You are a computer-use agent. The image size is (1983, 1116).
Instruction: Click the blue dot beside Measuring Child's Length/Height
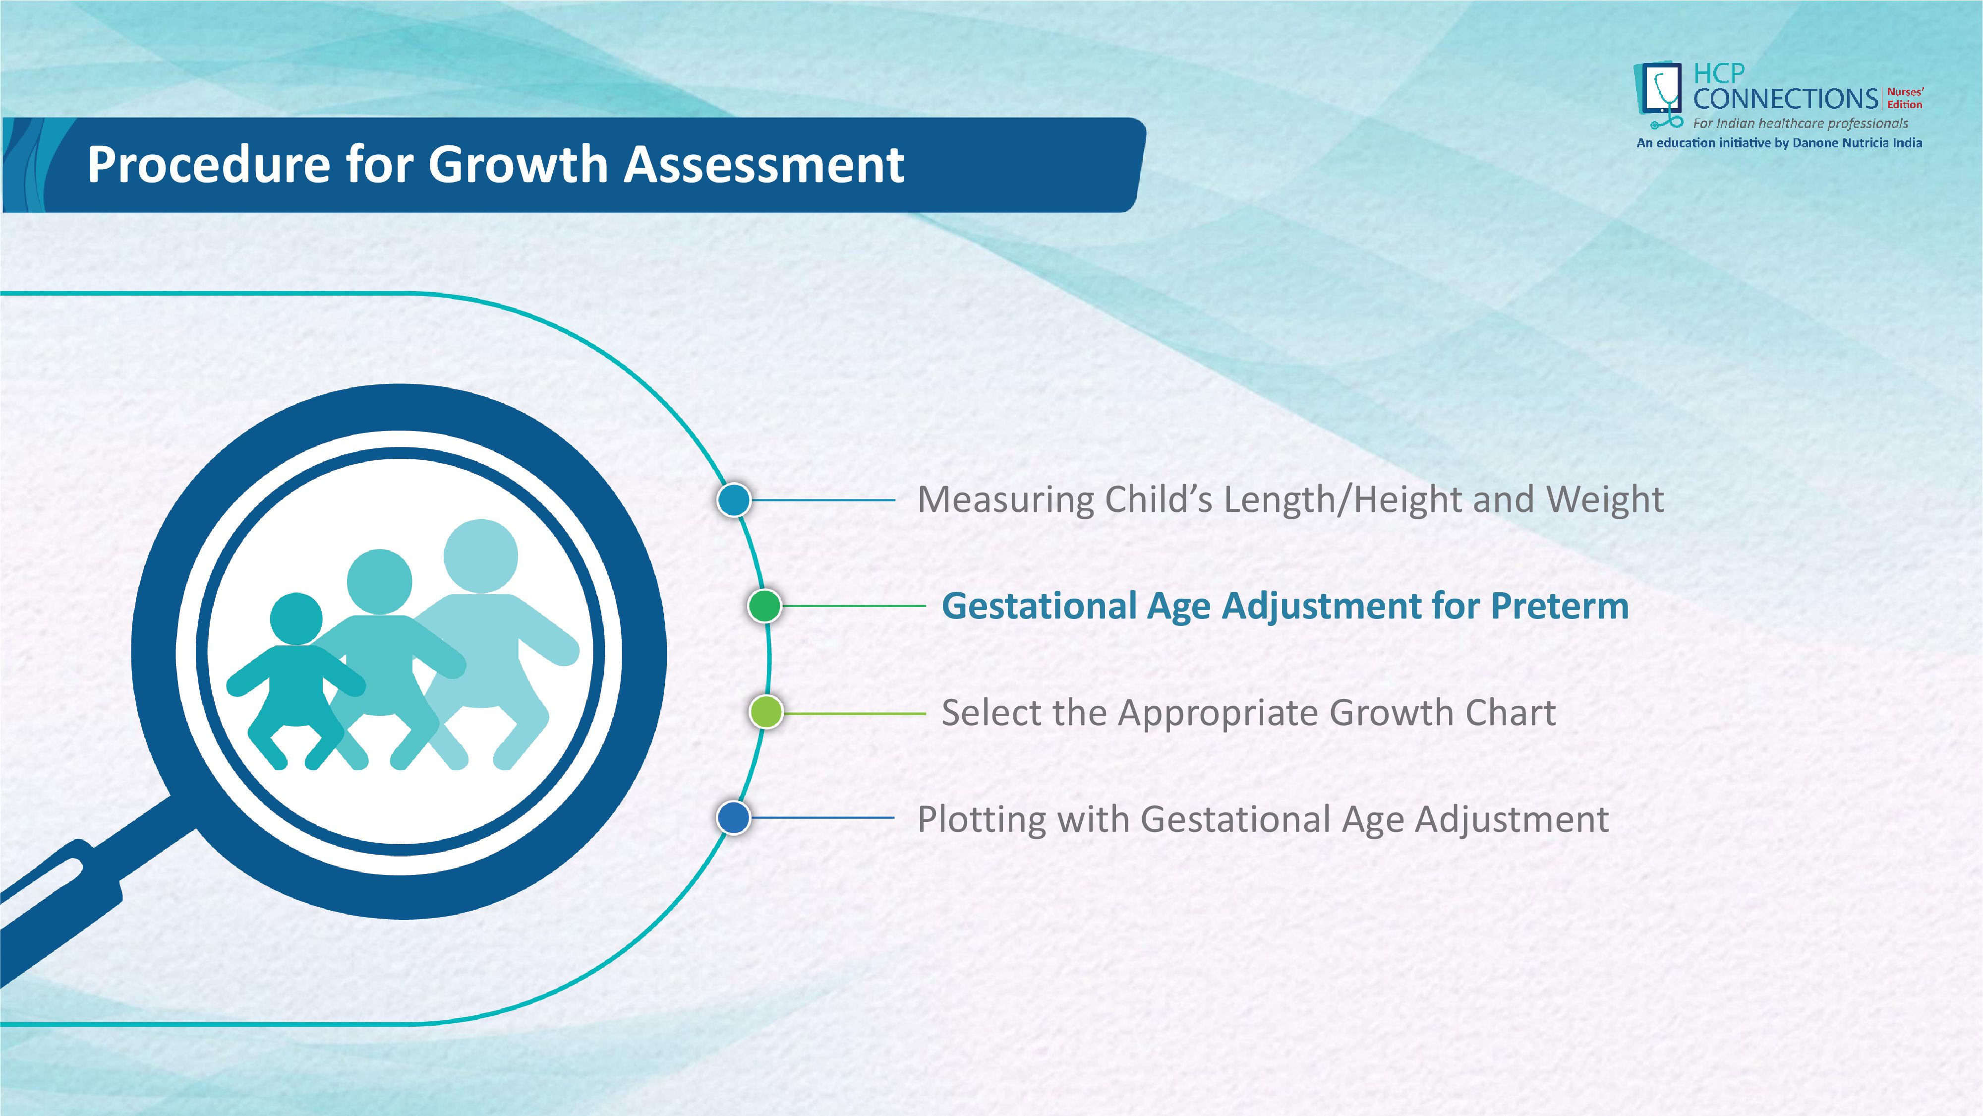[734, 500]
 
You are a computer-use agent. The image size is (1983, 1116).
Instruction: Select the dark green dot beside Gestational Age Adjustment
[764, 606]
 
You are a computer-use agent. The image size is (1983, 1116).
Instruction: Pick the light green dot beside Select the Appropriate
[766, 712]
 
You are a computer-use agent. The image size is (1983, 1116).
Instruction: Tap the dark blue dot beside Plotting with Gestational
[734, 818]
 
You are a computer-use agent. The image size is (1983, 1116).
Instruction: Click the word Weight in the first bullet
[1605, 500]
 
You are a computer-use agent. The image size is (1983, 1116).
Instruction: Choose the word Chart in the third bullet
[1511, 712]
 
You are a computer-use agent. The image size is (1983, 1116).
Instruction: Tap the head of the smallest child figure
[296, 619]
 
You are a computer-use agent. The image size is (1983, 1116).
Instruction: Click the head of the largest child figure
[481, 556]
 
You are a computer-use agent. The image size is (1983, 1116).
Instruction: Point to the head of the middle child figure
[380, 581]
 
